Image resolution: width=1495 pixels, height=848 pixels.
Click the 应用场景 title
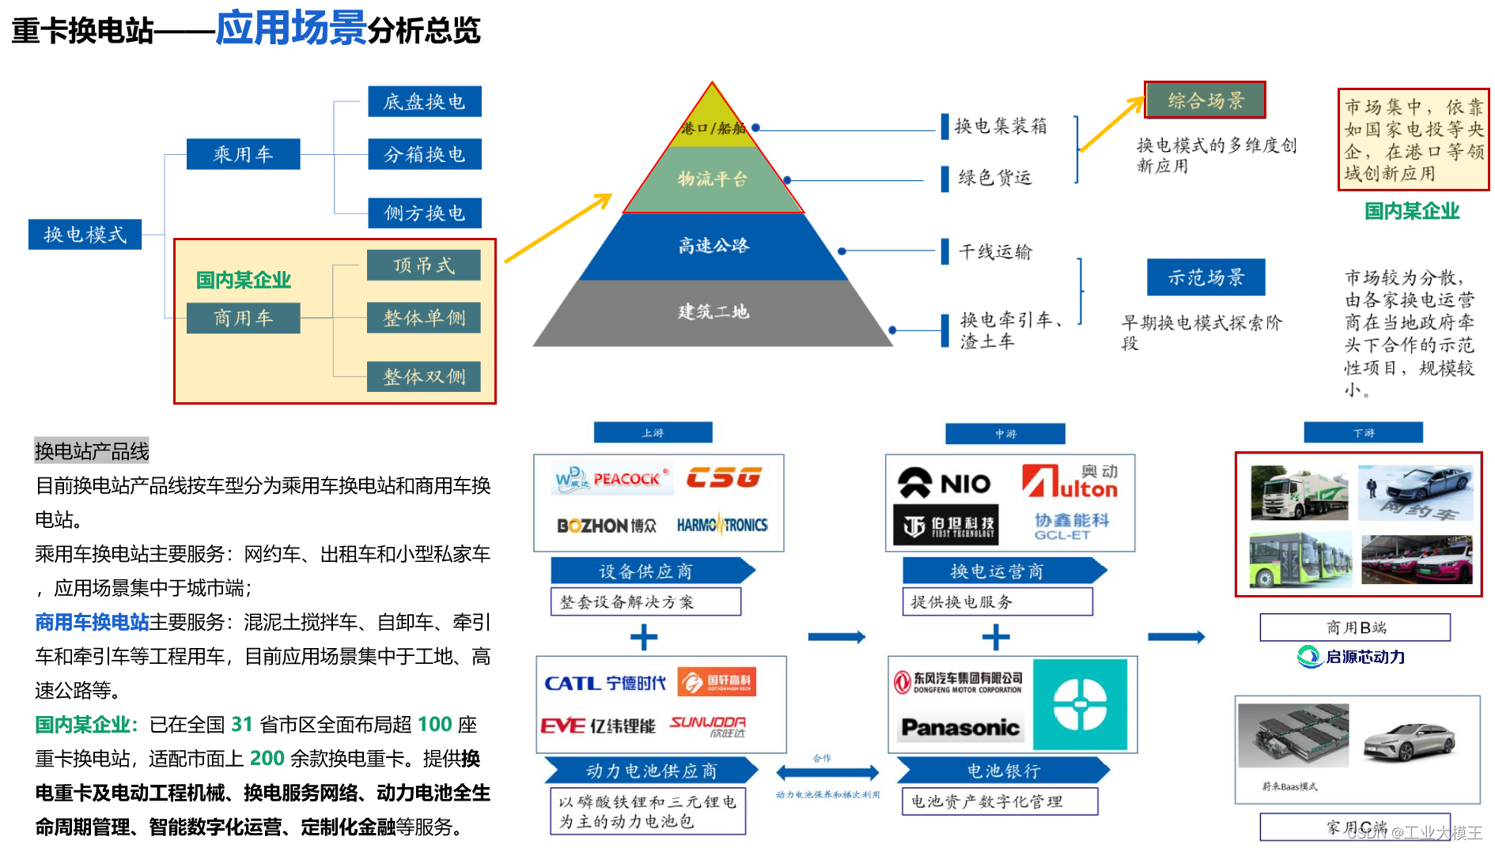pos(290,28)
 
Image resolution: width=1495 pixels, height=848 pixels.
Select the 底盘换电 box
pos(424,102)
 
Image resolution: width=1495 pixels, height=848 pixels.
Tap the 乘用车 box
pos(243,154)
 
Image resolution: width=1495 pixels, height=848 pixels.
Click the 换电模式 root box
pos(85,235)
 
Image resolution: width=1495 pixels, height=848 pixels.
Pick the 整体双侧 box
pos(424,377)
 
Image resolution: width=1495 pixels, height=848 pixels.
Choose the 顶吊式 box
pos(424,266)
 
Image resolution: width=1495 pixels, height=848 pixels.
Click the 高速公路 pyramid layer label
pos(713,246)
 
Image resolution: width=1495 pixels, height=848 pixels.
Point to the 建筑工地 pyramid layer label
pos(713,312)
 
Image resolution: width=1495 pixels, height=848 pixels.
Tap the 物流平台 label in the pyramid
pos(713,179)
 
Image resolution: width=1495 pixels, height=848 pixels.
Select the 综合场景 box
pos(1205,100)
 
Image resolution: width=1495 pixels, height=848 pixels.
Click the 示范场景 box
pos(1205,277)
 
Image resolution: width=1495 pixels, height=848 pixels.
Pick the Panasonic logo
pos(960,727)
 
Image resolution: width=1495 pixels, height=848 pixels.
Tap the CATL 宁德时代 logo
pos(605,683)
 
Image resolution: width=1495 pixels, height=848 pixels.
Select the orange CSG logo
pos(724,478)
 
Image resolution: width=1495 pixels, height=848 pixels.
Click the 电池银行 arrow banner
pos(1003,771)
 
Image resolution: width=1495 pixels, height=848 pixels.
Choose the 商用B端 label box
pos(1355,628)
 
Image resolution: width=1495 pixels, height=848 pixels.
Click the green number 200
pos(267,759)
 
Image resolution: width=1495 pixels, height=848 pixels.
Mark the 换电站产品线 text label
pos(92,451)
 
